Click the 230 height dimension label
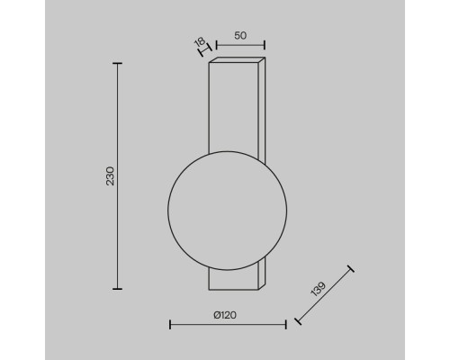111,176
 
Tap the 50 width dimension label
240,35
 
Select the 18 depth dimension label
200,41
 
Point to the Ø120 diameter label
225,315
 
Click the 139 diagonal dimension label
319,289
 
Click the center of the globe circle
228,211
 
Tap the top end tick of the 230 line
117,63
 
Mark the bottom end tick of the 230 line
117,289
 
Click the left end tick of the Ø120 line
170,324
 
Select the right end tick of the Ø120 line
286,324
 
